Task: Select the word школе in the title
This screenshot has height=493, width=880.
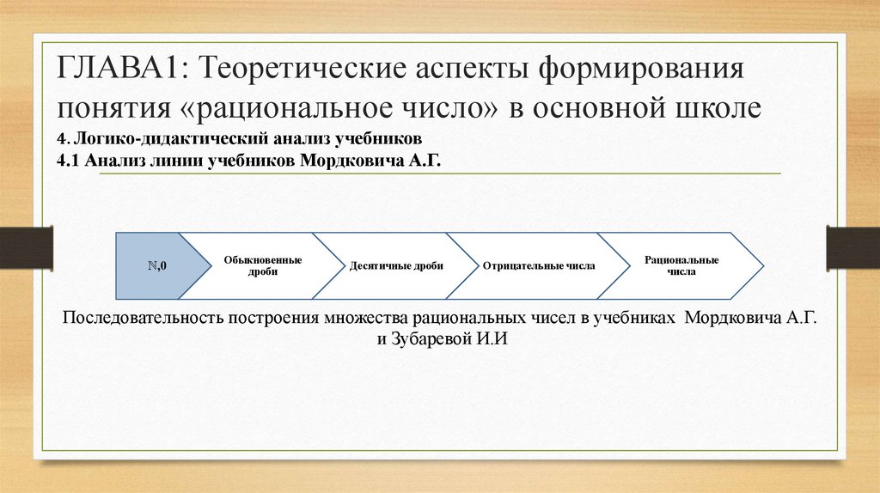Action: [718, 109]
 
